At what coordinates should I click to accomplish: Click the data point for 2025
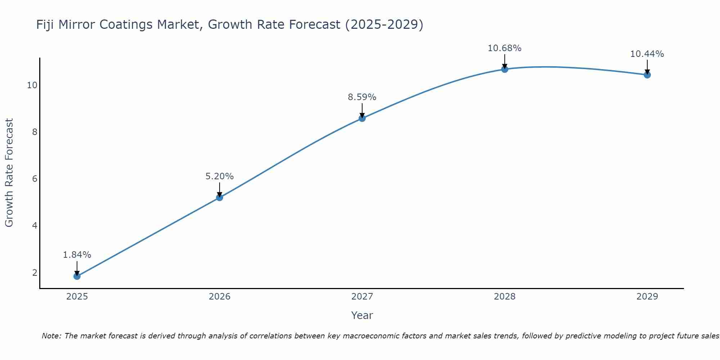(x=77, y=276)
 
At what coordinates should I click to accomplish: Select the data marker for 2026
(x=219, y=197)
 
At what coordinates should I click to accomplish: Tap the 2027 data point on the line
(x=362, y=118)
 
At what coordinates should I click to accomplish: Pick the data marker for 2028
(x=504, y=69)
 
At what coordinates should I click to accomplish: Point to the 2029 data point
(x=647, y=75)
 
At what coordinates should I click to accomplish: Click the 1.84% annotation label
(x=77, y=255)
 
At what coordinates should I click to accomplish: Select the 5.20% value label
(x=219, y=176)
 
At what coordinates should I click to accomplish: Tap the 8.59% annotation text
(x=362, y=97)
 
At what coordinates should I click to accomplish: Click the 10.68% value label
(x=504, y=48)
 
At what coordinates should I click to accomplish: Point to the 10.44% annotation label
(x=647, y=54)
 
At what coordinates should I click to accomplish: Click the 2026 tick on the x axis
(x=219, y=297)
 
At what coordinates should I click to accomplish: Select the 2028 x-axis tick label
(x=504, y=297)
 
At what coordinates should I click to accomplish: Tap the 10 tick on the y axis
(x=32, y=85)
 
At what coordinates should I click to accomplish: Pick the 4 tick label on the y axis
(x=35, y=226)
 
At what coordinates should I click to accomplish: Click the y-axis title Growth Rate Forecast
(x=9, y=172)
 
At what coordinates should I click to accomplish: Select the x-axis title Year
(x=362, y=315)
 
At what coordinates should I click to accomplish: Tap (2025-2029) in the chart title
(x=384, y=25)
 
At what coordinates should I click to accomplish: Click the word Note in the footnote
(x=51, y=336)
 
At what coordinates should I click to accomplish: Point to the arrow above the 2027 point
(x=362, y=110)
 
